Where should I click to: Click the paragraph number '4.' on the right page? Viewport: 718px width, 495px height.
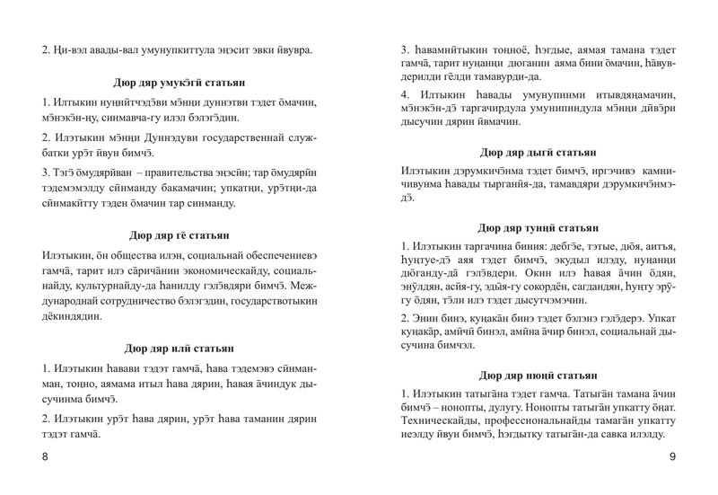pyautogui.click(x=406, y=93)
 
